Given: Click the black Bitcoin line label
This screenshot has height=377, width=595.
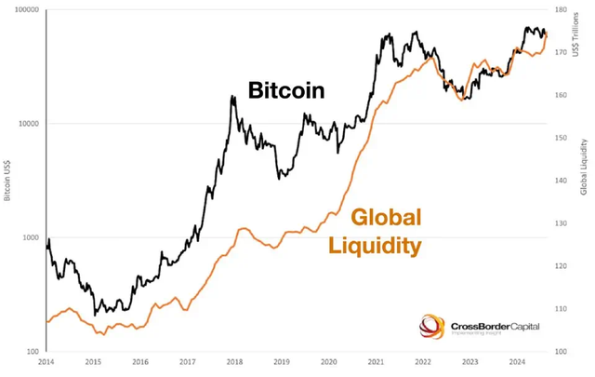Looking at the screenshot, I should pos(285,90).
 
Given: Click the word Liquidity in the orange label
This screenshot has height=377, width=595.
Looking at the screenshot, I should pos(374,246).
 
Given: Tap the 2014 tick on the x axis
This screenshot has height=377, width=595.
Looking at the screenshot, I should pos(46,361).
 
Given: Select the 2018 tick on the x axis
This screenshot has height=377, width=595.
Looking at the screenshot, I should pos(234,361).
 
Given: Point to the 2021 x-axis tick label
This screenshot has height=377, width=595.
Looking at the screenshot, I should pos(376,361).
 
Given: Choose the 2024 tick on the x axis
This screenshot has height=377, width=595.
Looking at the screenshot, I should pos(518,361).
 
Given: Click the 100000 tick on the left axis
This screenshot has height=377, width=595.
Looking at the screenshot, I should pos(23,9).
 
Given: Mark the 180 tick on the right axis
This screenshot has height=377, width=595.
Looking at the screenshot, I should pos(561,9).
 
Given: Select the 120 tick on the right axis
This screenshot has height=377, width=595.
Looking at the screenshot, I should pos(561,266).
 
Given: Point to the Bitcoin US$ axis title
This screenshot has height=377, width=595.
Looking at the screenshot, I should pos(7,177).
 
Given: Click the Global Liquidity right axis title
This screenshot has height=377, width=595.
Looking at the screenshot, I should pos(585,168).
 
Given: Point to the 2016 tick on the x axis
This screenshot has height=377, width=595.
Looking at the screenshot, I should pos(139,361).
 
